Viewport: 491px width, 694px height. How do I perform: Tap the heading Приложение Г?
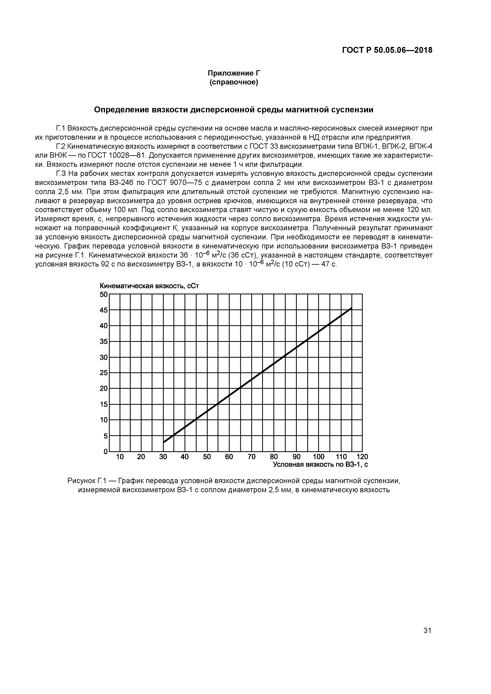(x=234, y=73)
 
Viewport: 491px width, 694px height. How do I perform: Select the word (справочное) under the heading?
(x=234, y=82)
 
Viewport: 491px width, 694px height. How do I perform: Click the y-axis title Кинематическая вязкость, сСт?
(x=149, y=286)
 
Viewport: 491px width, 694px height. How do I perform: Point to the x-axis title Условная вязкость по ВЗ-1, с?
(x=320, y=464)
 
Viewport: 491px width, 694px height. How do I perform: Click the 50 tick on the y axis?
(x=104, y=294)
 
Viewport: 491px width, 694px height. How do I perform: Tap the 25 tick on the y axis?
(x=104, y=373)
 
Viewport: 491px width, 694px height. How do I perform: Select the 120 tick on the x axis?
(x=362, y=457)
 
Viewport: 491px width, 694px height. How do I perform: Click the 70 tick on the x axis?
(x=251, y=457)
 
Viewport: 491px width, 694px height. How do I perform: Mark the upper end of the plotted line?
(x=351, y=308)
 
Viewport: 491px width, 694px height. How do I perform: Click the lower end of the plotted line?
(x=164, y=442)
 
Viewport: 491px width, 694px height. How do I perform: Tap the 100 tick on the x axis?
(x=318, y=457)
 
